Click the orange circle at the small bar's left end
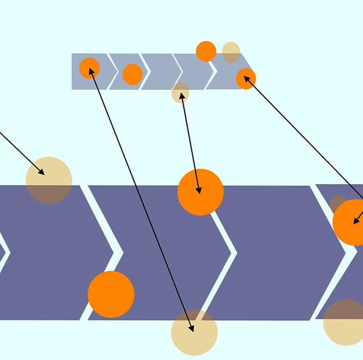(89, 68)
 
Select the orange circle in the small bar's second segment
(132, 74)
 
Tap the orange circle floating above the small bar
(206, 51)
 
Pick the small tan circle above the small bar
(231, 52)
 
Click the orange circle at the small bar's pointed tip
(246, 79)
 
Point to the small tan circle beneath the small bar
(180, 93)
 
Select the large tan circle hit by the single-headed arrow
(49, 180)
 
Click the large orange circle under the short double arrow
(200, 192)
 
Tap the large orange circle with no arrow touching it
(111, 294)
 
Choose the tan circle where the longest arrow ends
(194, 332)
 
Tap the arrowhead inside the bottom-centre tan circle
(192, 329)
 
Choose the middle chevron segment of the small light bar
(158, 71)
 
